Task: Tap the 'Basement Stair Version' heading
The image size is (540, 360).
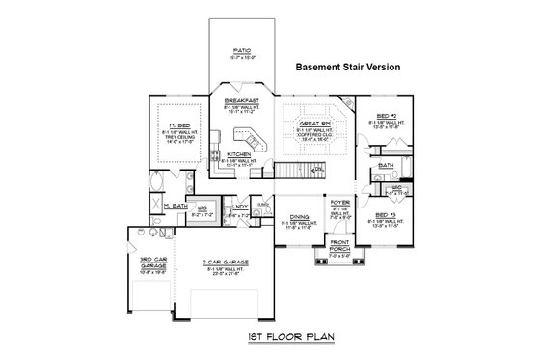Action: [x=346, y=68]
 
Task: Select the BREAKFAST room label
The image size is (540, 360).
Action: [x=242, y=100]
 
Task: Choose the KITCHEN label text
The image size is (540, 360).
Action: [x=238, y=153]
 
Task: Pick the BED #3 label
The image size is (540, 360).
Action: [x=386, y=214]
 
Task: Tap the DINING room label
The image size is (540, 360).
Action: [x=297, y=217]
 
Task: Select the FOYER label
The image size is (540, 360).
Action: [x=339, y=203]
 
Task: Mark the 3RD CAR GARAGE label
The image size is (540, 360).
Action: [x=153, y=261]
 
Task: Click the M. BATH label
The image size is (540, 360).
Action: [x=175, y=206]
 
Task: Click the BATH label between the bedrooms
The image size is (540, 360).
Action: [x=386, y=165]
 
